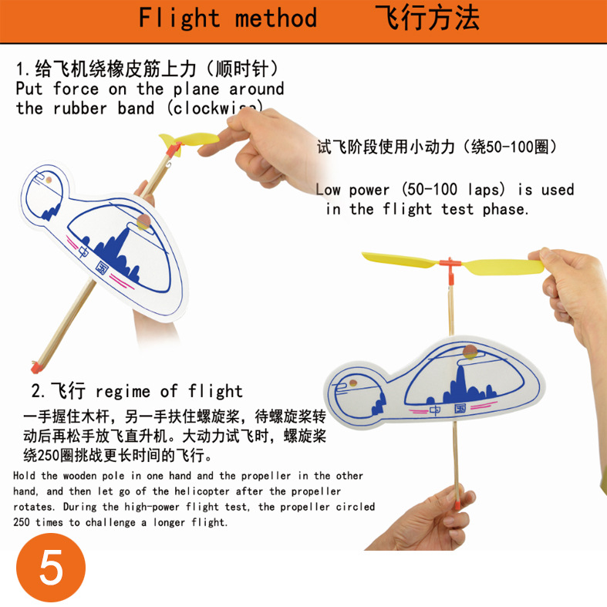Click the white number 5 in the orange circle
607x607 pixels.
[51, 568]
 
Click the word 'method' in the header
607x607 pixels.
[275, 18]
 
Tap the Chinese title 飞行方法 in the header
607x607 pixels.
[427, 18]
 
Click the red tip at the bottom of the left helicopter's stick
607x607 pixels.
[36, 367]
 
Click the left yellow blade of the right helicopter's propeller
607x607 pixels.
[400, 260]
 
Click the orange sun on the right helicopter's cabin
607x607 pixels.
[470, 352]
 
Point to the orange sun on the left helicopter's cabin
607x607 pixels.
[143, 221]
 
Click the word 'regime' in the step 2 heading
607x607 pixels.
[123, 392]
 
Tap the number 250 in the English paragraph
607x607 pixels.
[22, 522]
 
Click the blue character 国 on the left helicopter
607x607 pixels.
[102, 267]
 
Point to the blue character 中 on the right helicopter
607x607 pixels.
[435, 411]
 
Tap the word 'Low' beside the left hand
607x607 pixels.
[328, 190]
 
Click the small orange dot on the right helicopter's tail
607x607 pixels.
[353, 383]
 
